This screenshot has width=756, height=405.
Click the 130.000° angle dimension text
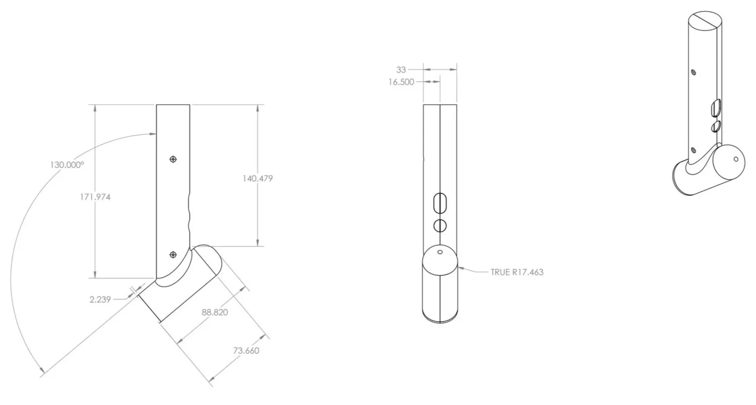[67, 165]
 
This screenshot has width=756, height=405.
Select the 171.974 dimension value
[95, 197]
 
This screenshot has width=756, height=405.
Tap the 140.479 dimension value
[258, 178]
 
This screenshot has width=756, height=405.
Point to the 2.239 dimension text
[100, 299]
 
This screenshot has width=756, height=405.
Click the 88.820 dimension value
[215, 312]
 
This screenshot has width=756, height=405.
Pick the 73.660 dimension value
[246, 350]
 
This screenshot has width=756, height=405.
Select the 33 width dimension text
[401, 70]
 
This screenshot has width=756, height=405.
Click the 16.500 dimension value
[401, 82]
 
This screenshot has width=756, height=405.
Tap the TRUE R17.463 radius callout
[517, 272]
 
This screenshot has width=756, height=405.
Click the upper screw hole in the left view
[173, 159]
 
